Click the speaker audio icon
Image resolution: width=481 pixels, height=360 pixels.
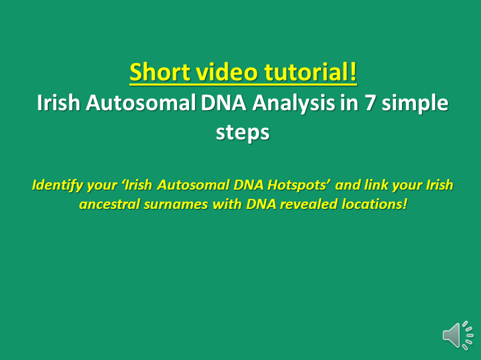point(458,335)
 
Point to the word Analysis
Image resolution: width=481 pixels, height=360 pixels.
point(293,102)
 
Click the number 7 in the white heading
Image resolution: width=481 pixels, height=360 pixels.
point(370,102)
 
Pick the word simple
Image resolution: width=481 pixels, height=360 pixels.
point(415,103)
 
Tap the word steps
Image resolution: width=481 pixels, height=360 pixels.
point(242,133)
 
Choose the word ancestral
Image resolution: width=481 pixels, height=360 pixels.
point(109,204)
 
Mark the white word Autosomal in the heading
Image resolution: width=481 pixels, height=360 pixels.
point(141,102)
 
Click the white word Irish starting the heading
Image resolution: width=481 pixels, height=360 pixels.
point(58,102)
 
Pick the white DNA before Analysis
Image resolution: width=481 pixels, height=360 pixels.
point(224,102)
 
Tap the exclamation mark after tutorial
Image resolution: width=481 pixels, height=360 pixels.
point(353,72)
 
